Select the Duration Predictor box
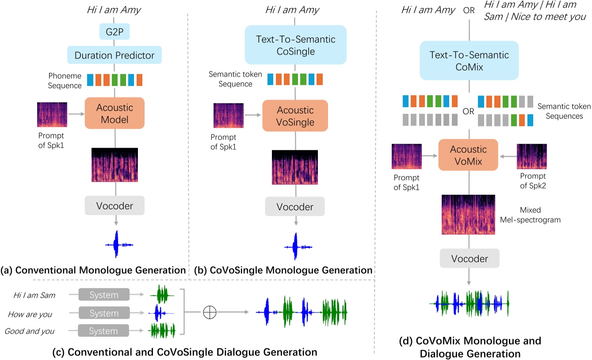coord(115,56)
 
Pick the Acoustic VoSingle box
coord(295,116)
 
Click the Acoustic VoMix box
coord(469,155)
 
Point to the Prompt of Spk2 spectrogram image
coord(532,156)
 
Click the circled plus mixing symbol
coord(209,312)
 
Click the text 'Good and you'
coord(29,331)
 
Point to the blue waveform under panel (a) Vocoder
coord(118,244)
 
